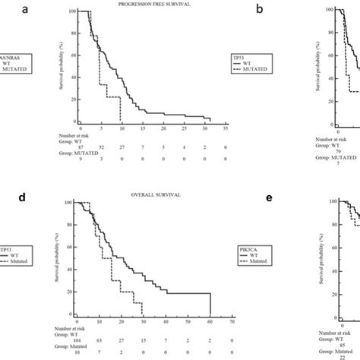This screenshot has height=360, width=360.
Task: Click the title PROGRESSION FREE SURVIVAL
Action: click(x=149, y=5)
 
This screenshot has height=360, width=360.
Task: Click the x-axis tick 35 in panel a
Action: click(x=225, y=128)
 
